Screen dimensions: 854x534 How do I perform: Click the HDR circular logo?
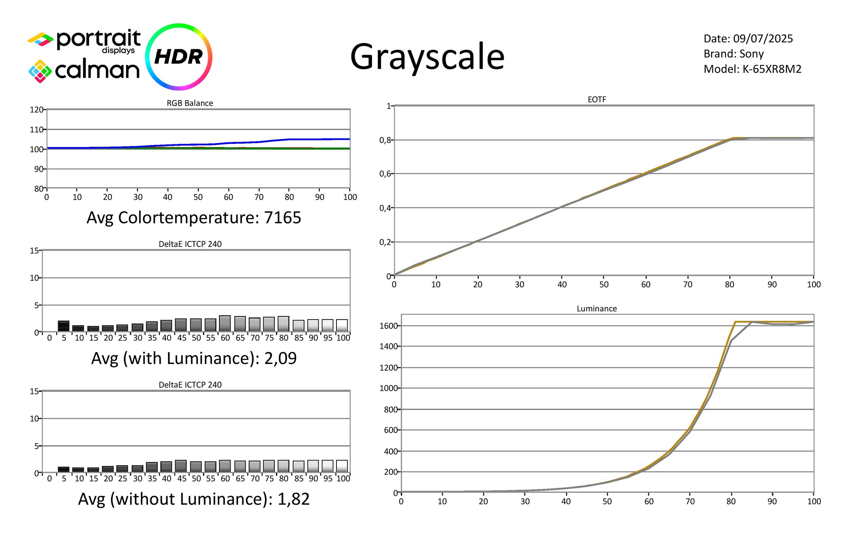[x=179, y=57]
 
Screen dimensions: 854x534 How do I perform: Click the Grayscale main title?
[x=427, y=57]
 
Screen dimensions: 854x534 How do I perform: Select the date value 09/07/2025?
[x=763, y=38]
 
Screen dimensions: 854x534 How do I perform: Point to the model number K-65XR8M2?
[x=772, y=69]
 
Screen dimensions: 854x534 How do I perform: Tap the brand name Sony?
[x=751, y=54]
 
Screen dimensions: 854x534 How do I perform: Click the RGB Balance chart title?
[x=190, y=103]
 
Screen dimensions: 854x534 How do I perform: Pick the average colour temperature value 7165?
[x=283, y=218]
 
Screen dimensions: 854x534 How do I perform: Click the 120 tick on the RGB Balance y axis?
[x=36, y=110]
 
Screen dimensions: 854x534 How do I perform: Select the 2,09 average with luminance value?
[x=280, y=358]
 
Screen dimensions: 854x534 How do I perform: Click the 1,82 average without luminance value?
[x=293, y=499]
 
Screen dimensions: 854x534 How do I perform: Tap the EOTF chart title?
[x=597, y=99]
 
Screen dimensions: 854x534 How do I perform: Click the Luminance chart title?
[x=597, y=309]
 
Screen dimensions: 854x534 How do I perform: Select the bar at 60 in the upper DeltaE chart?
[x=225, y=324]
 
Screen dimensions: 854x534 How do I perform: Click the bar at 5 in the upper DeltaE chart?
[x=64, y=326]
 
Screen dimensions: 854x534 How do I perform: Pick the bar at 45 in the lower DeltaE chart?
[x=181, y=466]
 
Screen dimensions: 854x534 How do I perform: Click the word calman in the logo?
[x=97, y=70]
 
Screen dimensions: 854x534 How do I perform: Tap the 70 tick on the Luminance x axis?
[x=690, y=501]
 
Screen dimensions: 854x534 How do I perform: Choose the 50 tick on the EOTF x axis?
[x=604, y=284]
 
